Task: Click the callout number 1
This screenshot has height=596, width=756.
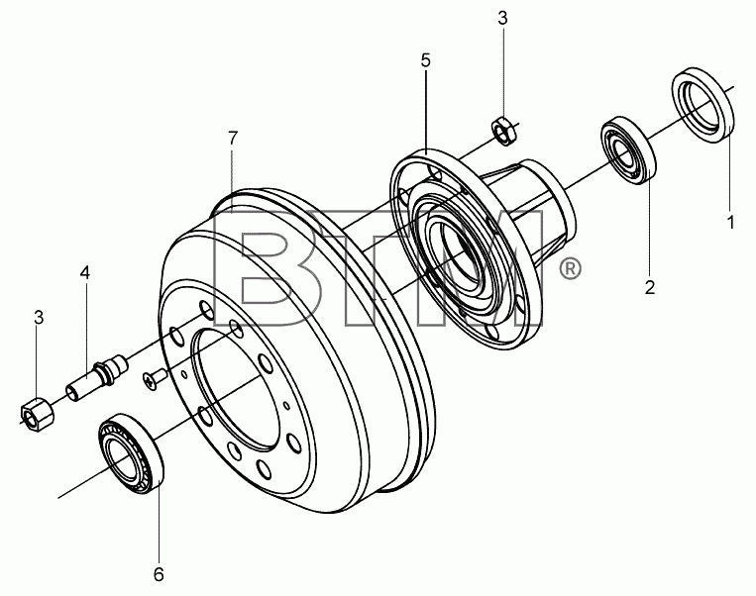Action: [x=731, y=223]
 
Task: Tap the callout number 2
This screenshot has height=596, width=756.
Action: [x=650, y=287]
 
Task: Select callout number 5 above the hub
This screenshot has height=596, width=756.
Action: [x=425, y=60]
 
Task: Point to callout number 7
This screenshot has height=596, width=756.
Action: [x=233, y=139]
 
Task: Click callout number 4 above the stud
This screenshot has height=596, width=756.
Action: [x=85, y=272]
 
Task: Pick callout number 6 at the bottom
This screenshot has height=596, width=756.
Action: [x=159, y=574]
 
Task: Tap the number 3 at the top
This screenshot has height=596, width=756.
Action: [x=502, y=18]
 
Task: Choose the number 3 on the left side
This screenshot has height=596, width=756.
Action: [x=39, y=318]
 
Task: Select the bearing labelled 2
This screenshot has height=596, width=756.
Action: [x=629, y=150]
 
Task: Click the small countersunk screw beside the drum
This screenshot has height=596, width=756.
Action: [x=154, y=379]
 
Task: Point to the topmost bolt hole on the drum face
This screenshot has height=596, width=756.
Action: [x=207, y=310]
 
